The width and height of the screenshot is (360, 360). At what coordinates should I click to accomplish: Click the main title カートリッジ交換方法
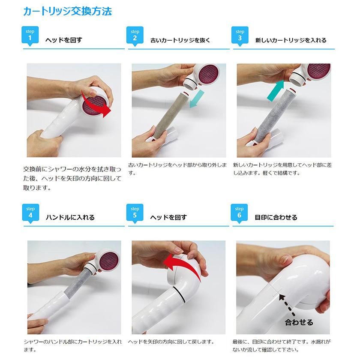(67, 11)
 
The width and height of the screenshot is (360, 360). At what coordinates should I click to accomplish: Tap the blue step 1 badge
(30, 36)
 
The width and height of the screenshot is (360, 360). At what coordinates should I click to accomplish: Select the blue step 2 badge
(135, 36)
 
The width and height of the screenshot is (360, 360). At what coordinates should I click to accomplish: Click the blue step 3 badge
(240, 36)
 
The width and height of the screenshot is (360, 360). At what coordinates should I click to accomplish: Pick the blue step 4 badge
(30, 213)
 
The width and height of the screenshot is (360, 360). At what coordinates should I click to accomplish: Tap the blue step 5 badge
(135, 213)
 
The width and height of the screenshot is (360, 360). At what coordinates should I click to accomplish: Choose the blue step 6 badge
(239, 213)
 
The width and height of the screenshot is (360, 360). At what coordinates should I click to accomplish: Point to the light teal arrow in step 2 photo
(197, 99)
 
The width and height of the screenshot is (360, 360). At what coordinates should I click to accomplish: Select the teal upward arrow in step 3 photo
(276, 91)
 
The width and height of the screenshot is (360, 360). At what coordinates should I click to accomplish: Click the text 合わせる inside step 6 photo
(299, 322)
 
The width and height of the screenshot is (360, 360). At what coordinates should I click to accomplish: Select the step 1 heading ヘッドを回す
(63, 40)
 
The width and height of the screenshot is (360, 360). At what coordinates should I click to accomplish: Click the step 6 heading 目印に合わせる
(276, 217)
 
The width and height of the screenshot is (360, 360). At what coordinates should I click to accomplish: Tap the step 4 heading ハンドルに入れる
(70, 217)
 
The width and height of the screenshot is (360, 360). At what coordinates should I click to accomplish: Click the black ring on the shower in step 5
(179, 295)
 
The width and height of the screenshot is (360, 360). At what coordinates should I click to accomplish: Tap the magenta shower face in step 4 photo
(108, 261)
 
